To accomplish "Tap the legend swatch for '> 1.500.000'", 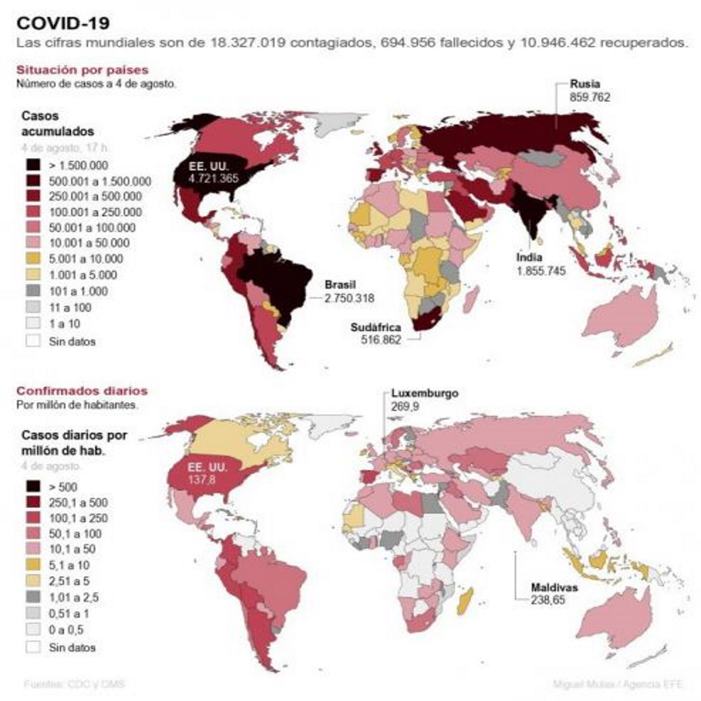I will [x=32, y=164].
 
